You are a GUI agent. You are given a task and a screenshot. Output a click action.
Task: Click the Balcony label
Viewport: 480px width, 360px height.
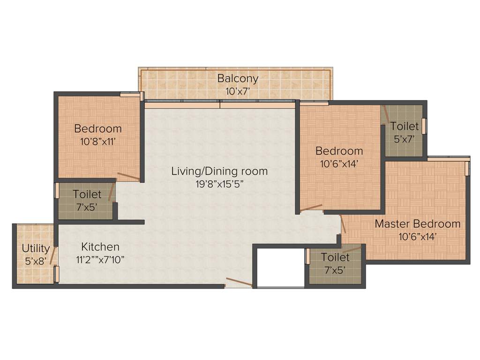coord(238,78)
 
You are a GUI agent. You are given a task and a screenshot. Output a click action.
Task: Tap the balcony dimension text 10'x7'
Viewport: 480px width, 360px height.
coord(238,91)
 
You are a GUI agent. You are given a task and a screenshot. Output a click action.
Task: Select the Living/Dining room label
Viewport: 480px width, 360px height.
coord(219,171)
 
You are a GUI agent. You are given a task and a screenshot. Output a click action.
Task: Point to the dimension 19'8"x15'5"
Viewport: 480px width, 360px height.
coord(219,184)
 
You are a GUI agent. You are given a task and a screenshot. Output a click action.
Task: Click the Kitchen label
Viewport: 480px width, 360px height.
coord(100,247)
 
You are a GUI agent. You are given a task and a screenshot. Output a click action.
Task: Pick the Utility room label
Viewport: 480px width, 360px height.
coord(36,248)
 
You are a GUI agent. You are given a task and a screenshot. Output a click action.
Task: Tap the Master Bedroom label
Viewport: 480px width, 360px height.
coord(417,224)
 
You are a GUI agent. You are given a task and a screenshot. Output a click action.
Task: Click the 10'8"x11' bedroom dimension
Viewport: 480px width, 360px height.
coord(98,141)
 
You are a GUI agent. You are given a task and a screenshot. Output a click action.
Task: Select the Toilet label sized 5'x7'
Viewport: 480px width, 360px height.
coord(404,127)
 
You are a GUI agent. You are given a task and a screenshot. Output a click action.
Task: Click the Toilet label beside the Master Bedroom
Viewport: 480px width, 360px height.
coord(335,257)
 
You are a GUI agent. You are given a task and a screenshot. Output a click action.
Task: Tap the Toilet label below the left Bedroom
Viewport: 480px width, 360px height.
coord(87,194)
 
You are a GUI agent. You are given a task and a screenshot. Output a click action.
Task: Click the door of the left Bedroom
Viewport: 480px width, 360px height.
coord(128,176)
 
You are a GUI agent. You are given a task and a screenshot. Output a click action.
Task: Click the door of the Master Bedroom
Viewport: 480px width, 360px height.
coord(343,224)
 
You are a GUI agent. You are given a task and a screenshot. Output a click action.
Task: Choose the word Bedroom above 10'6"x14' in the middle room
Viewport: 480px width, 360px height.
coord(339,151)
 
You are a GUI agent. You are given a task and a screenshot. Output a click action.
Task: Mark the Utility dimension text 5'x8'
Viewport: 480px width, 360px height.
coord(36,261)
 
